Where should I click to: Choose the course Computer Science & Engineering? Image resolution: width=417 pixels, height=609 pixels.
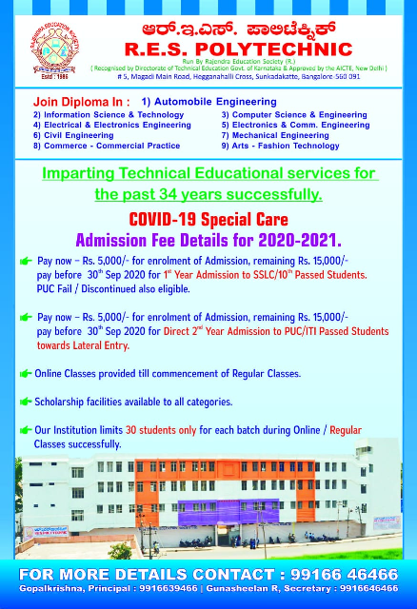[x=294, y=114]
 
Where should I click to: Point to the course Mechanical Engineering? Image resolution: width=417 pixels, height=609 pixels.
[x=282, y=135]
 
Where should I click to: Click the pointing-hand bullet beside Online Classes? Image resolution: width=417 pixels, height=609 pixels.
[x=26, y=373]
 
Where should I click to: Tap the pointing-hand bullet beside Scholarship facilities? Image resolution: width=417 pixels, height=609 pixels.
[x=26, y=402]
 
